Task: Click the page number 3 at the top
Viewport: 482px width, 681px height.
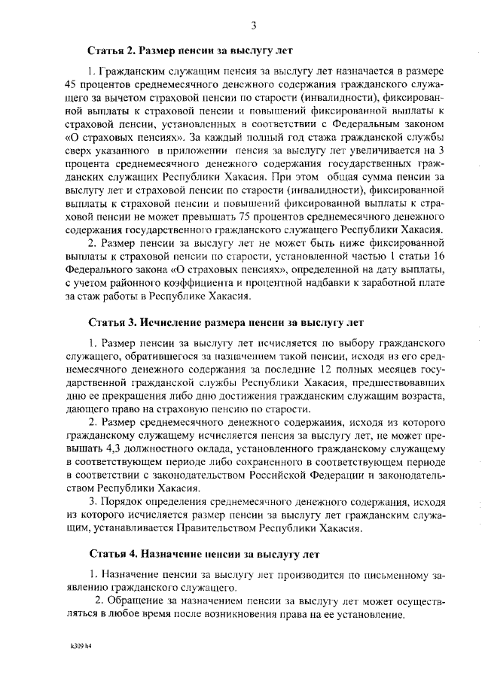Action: pyautogui.click(x=254, y=26)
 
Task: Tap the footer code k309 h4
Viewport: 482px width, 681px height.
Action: pyautogui.click(x=73, y=646)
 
